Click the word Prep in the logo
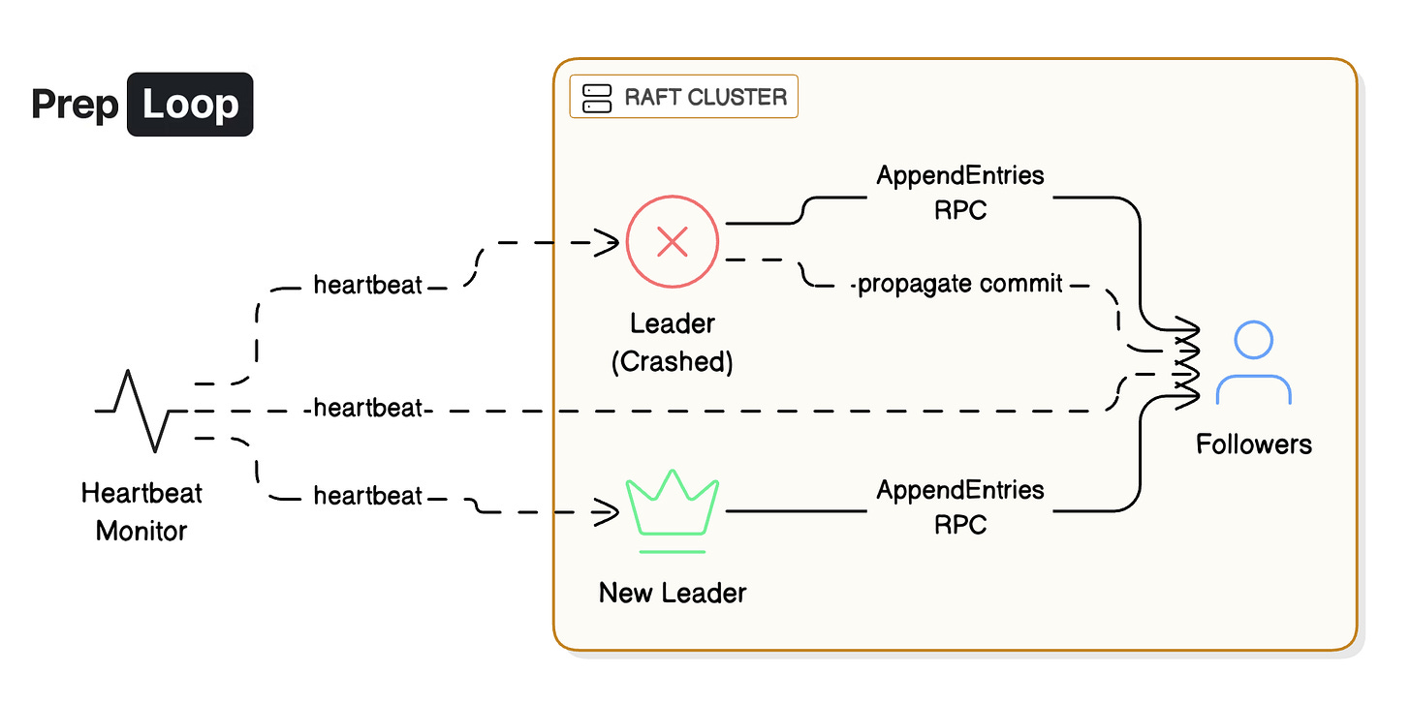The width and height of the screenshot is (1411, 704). (x=75, y=104)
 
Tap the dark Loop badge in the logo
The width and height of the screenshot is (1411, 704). (x=190, y=104)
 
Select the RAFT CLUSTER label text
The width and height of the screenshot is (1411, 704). (x=705, y=97)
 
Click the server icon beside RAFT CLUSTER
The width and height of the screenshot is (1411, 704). (x=596, y=98)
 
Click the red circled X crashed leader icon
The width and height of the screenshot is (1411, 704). (x=672, y=242)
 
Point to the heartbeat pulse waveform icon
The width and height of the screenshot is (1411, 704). (x=141, y=411)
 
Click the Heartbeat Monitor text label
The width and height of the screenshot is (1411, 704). (x=141, y=511)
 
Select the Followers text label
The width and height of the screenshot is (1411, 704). (x=1253, y=444)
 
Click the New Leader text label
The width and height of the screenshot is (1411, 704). (x=673, y=592)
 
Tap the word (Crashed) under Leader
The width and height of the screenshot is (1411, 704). (x=672, y=361)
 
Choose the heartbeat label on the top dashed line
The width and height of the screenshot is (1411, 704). (x=368, y=286)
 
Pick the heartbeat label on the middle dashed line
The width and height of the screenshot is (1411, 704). (x=368, y=409)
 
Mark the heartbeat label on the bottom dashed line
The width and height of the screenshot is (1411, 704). (x=368, y=497)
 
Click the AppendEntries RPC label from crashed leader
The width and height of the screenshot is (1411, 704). (x=960, y=192)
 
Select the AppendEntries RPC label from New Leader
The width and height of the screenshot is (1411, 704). (x=960, y=506)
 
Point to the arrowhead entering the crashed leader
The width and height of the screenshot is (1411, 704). (x=609, y=243)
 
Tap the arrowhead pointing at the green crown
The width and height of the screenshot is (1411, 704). (x=609, y=512)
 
